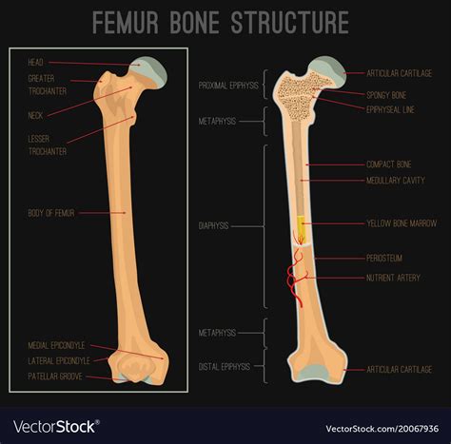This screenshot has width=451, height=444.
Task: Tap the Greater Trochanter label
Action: coord(42,85)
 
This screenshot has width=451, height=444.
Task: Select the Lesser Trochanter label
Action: coord(42,144)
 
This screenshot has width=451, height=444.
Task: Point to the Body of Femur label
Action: coord(51,213)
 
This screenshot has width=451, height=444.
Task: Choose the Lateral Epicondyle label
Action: coord(59,360)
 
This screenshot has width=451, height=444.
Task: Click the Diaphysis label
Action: coord(216,226)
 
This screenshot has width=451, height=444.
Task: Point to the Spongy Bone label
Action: coord(385,95)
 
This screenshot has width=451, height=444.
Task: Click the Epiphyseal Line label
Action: coord(389,108)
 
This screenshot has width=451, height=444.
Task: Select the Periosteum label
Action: coord(383,257)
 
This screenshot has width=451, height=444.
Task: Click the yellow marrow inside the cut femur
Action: coord(302,227)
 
